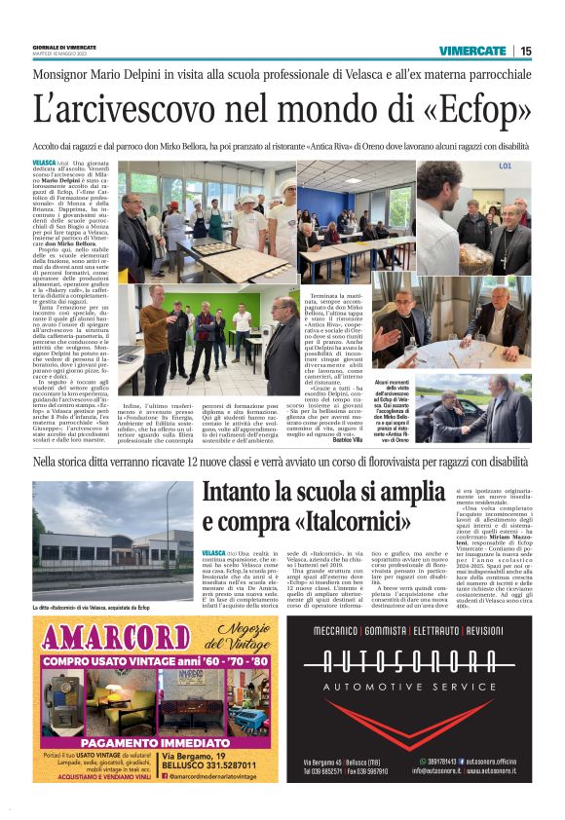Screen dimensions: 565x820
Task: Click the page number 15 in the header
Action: (527, 51)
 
